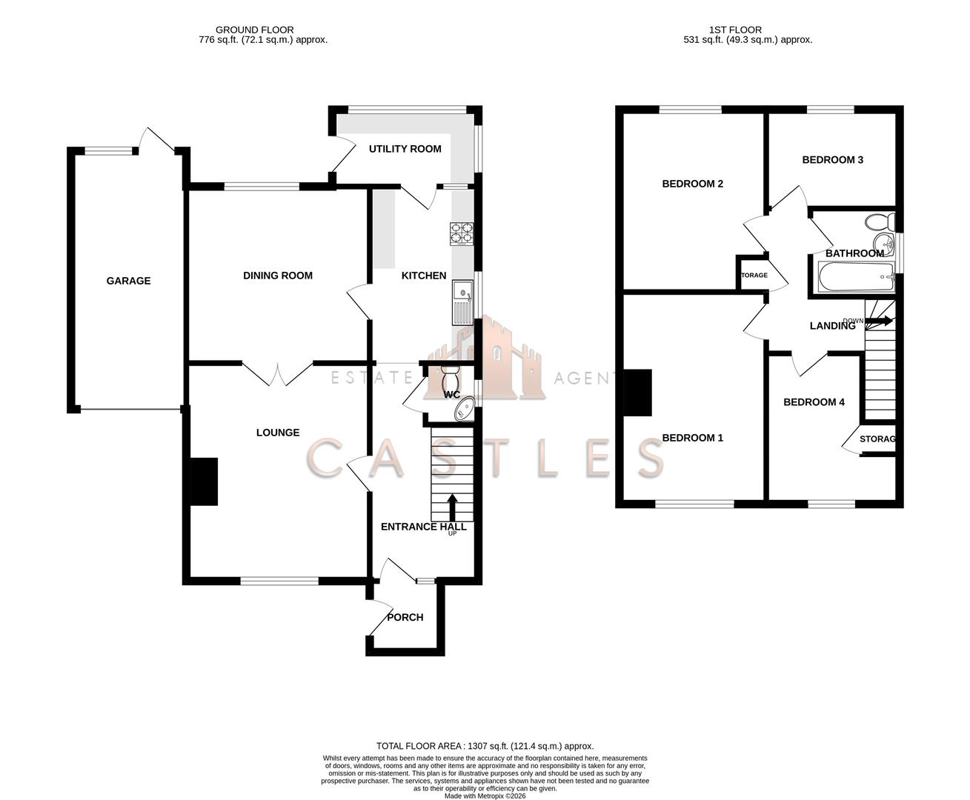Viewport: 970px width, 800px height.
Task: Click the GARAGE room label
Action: (128, 281)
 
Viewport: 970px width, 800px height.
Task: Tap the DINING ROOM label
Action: (278, 276)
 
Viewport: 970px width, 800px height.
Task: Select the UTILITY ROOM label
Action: (405, 149)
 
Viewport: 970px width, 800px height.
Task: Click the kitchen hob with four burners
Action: (462, 233)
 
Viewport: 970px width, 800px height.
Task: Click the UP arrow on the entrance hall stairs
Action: (452, 508)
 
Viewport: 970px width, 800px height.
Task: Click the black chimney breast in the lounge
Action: (204, 481)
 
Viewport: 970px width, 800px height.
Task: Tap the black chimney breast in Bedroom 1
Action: (637, 392)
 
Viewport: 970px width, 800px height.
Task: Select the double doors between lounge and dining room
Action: (278, 373)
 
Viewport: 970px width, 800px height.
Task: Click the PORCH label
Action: (405, 617)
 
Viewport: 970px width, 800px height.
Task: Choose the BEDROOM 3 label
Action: (832, 160)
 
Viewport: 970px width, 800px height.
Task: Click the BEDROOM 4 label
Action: (814, 402)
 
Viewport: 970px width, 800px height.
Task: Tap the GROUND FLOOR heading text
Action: (259, 30)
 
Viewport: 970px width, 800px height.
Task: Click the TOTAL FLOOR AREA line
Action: (485, 746)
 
